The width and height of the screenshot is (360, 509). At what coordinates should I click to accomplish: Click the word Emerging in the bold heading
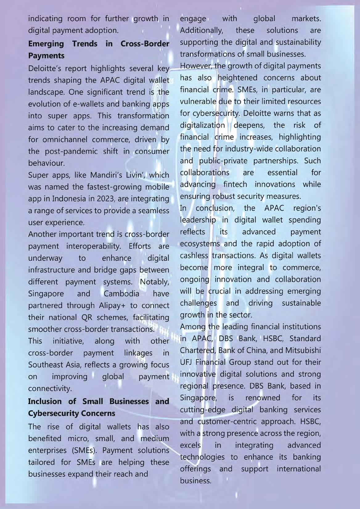[46, 44]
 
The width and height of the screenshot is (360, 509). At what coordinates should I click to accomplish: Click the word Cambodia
[121, 293]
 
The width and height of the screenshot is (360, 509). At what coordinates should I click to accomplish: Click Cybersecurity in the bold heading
[72, 413]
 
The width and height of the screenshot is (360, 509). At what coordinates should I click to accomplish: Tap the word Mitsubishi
[303, 350]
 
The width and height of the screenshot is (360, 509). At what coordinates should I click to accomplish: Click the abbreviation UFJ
[186, 362]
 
